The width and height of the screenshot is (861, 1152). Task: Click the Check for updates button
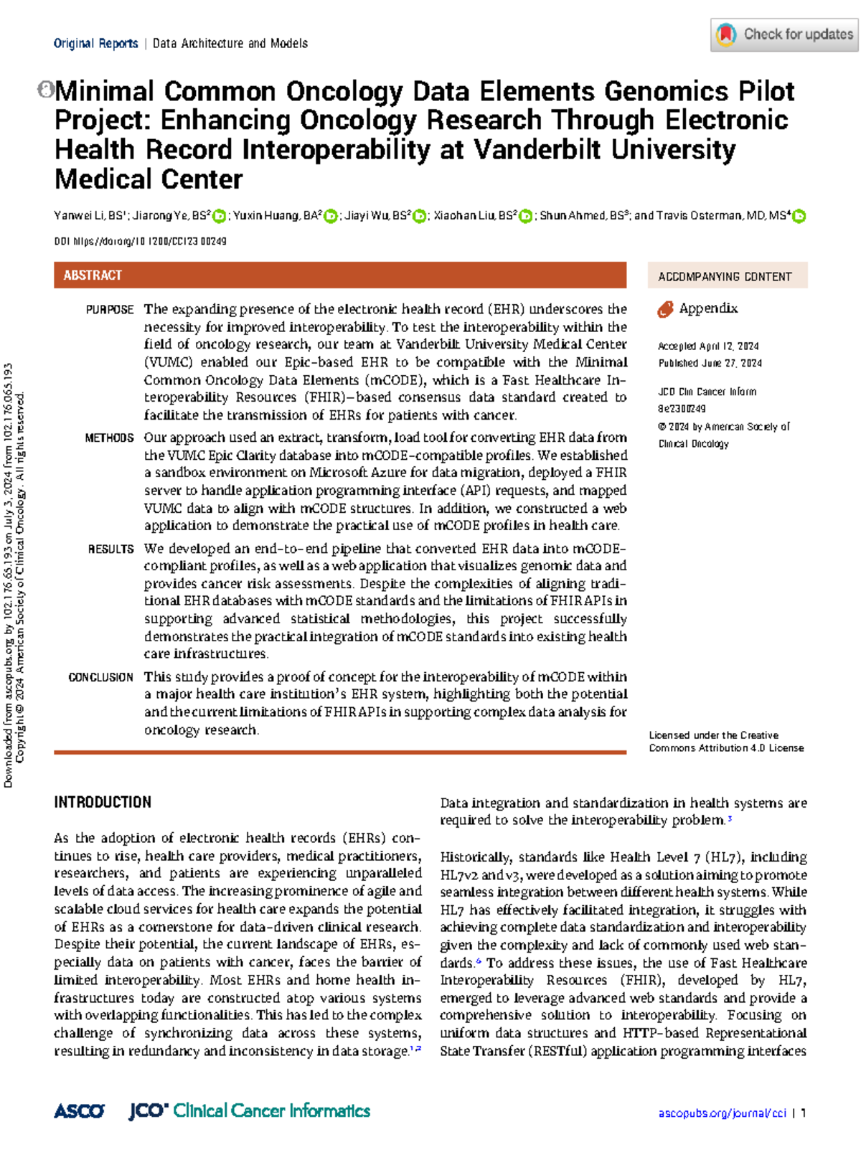(784, 34)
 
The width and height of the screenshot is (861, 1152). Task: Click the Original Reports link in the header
(95, 44)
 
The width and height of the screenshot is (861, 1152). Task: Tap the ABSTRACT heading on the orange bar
(93, 275)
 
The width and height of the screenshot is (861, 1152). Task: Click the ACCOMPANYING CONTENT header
(725, 276)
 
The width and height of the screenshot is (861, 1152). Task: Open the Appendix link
(707, 308)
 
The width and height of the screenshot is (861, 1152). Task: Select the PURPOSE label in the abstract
(110, 310)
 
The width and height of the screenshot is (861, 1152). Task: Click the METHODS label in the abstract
(109, 438)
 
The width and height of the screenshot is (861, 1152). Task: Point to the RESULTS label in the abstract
(110, 549)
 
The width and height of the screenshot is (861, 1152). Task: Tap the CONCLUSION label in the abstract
(100, 677)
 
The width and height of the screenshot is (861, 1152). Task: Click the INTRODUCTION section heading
(103, 802)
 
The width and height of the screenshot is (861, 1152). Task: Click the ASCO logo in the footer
(79, 1111)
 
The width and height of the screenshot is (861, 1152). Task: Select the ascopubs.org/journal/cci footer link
(722, 1113)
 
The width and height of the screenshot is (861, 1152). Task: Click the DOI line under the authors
(140, 242)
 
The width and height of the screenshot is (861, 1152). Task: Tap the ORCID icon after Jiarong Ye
(220, 216)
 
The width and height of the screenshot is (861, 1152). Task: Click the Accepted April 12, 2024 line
(708, 346)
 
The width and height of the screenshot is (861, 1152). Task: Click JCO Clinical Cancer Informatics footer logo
(250, 1111)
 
